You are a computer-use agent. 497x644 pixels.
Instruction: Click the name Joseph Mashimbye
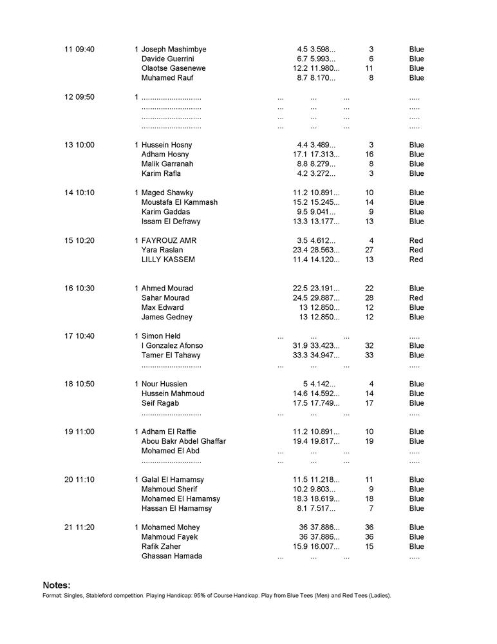(x=174, y=49)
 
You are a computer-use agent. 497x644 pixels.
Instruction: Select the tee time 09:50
(x=84, y=97)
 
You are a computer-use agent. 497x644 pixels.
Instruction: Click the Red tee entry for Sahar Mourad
(x=416, y=298)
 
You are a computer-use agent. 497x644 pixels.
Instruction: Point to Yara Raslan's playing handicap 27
(x=369, y=250)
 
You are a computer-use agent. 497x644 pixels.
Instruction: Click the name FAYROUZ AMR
(x=169, y=240)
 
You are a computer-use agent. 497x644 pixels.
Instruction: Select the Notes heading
(x=57, y=585)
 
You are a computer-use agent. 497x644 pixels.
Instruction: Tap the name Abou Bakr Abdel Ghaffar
(x=183, y=441)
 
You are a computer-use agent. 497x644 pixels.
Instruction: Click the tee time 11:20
(x=84, y=527)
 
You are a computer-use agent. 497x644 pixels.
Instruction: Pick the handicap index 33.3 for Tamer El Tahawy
(x=300, y=355)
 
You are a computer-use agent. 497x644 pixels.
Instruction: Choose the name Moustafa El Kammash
(x=180, y=202)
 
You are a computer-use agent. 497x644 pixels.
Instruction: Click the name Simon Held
(x=161, y=336)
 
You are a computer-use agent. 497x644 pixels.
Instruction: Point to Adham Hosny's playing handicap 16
(x=369, y=155)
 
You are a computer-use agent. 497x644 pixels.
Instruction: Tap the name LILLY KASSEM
(x=168, y=260)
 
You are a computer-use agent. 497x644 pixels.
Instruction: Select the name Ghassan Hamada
(x=172, y=556)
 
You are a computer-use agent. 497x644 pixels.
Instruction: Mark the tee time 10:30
(x=84, y=288)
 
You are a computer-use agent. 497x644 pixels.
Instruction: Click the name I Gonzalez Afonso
(x=172, y=345)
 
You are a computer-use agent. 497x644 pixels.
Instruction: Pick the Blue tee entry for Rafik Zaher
(x=417, y=546)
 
